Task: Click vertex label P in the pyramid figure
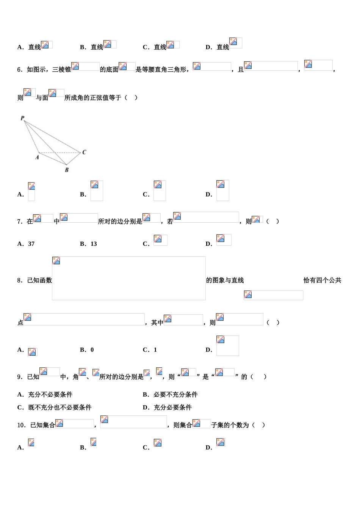[x=22, y=118]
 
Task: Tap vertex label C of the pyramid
[x=84, y=152]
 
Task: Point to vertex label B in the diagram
[x=67, y=170]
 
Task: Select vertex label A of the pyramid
[x=37, y=157]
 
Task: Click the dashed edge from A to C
[x=60, y=153]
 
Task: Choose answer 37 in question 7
[x=31, y=244]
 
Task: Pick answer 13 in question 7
[x=94, y=244]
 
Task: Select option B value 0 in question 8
[x=92, y=350]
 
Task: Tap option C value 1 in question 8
[x=155, y=350]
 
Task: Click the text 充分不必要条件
[x=50, y=395]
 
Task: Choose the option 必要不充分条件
[x=175, y=395]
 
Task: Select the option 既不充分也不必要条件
[x=60, y=408]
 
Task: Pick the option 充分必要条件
[x=172, y=408]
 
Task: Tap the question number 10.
[x=22, y=425]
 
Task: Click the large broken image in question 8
[x=129, y=278]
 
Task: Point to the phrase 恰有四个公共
[x=322, y=280]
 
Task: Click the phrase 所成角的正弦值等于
[x=93, y=98]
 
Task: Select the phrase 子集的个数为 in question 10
[x=230, y=425]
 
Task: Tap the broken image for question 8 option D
[x=228, y=346]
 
